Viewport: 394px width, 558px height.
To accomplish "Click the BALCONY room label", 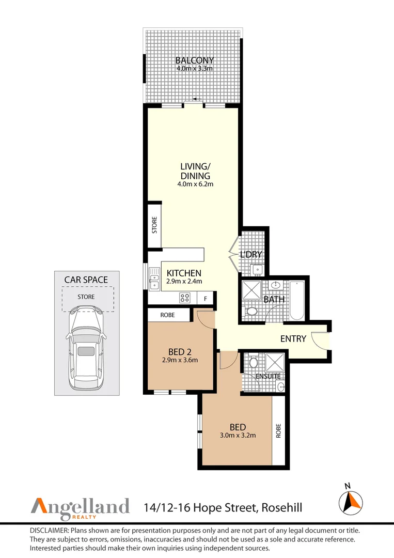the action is click(195, 60).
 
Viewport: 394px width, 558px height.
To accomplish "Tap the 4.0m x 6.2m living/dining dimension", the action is click(195, 184).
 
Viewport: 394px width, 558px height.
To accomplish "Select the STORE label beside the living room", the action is click(154, 225).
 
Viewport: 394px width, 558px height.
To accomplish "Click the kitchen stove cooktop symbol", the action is click(184, 297).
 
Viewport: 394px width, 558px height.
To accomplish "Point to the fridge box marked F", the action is click(206, 299).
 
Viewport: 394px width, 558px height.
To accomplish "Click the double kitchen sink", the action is click(154, 278).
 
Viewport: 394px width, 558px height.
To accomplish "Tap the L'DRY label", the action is click(251, 254).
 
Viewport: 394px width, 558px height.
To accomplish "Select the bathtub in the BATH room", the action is click(297, 300).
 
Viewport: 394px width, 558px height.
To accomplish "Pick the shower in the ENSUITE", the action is click(275, 362).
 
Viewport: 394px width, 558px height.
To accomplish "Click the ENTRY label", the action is click(293, 339).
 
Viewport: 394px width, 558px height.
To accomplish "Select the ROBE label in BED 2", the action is click(167, 315).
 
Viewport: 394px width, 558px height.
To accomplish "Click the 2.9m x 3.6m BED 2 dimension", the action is click(180, 360).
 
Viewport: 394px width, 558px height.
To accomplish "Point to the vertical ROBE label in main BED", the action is click(278, 430).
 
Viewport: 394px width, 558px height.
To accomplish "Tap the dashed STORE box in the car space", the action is click(88, 299).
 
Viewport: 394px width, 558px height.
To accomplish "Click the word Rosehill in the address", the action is click(281, 507).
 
